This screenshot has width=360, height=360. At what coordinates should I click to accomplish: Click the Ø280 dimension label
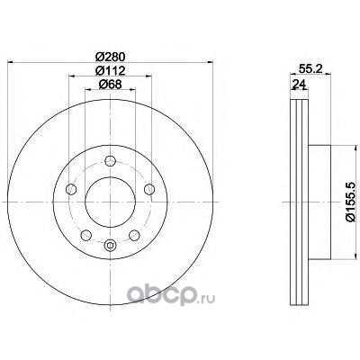[110, 57]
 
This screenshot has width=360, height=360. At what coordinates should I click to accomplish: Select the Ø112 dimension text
[110, 71]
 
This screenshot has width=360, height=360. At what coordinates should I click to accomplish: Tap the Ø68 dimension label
[110, 85]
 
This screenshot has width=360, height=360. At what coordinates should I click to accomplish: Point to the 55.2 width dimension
[310, 68]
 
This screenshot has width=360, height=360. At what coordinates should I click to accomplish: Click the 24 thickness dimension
[299, 85]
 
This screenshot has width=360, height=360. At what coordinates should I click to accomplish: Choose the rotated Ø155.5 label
[352, 202]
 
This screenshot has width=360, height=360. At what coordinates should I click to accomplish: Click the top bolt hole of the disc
[110, 161]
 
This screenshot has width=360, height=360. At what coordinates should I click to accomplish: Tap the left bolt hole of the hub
[71, 189]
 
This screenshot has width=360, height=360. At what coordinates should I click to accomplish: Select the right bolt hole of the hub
[149, 189]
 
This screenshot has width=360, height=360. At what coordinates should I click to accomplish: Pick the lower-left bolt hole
[86, 235]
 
